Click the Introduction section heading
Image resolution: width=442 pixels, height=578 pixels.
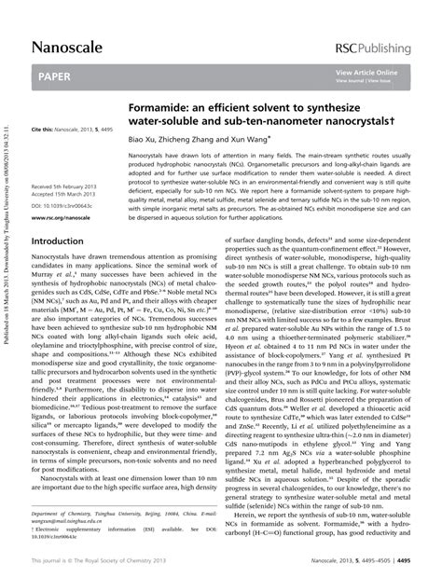tap(62, 240)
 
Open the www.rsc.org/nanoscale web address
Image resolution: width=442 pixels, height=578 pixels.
tap(67, 217)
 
